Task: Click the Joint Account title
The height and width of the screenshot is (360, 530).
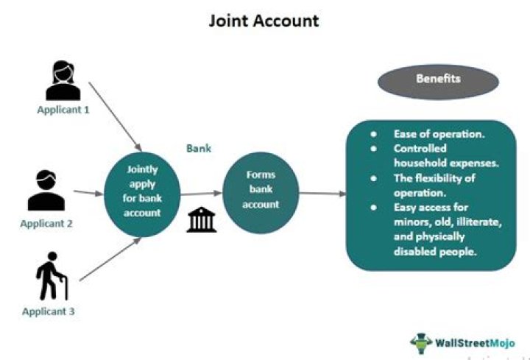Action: [x=264, y=20]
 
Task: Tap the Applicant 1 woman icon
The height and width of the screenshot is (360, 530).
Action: [x=63, y=81]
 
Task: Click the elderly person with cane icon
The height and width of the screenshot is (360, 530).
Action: [x=51, y=279]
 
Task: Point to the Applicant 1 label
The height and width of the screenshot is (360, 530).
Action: [x=63, y=110]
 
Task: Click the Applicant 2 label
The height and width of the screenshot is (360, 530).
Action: [x=46, y=224]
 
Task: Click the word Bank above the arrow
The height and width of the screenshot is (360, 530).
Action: [x=198, y=148]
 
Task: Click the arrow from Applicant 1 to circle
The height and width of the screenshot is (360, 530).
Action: [x=114, y=113]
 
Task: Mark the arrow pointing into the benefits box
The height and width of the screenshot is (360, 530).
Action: [x=323, y=194]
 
